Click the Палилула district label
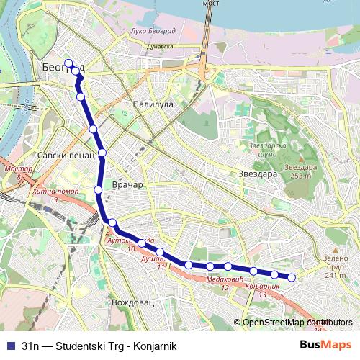coord(153,104)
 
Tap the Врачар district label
coord(129,185)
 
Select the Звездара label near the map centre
coord(257,174)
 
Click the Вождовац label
coord(132,303)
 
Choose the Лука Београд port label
coord(153,32)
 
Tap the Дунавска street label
coord(159,45)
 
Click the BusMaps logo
coord(326,344)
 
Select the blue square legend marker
coord(9,345)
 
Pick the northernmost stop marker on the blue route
coord(68,63)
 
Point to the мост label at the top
coord(210,3)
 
